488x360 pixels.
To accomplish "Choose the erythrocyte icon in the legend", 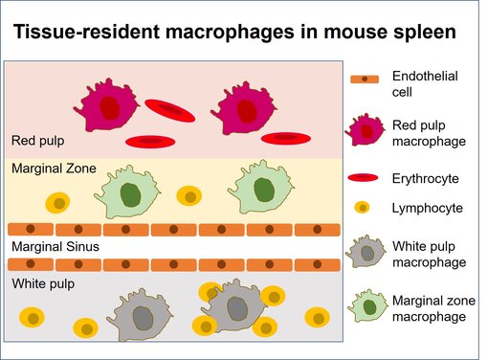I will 368,178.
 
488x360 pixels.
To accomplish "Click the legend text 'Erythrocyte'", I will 426,178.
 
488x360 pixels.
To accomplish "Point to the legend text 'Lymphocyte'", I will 427,207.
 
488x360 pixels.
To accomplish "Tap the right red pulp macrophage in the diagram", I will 245,108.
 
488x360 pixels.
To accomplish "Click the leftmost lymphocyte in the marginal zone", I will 57,203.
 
